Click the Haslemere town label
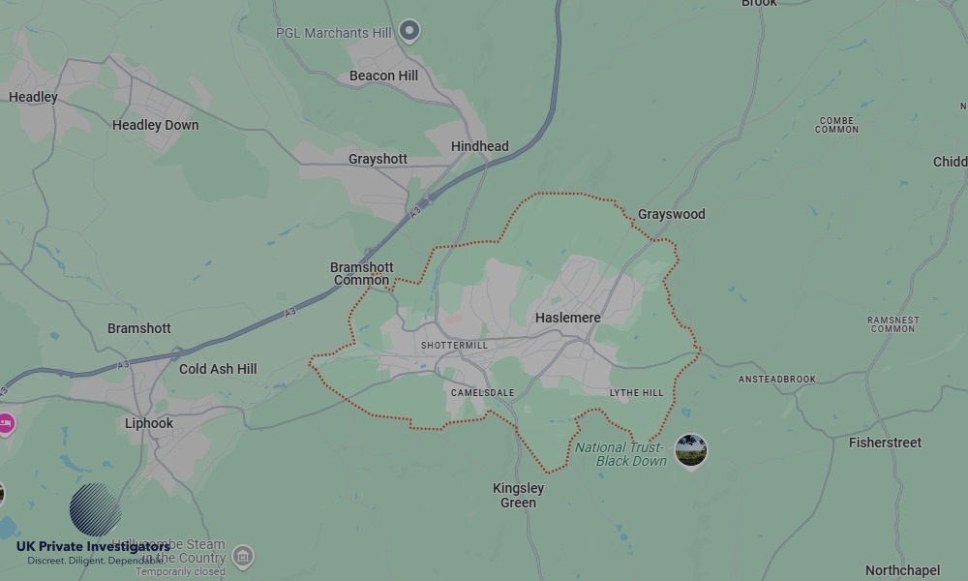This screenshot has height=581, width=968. click(x=567, y=318)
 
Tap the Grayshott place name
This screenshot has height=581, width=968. click(x=378, y=159)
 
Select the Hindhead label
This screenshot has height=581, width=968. click(x=479, y=146)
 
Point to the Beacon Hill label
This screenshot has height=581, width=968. click(x=383, y=76)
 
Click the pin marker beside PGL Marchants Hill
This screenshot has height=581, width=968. click(x=409, y=31)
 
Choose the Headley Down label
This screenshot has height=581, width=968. click(x=155, y=125)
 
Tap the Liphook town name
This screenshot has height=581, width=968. click(x=149, y=423)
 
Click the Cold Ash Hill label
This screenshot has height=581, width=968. click(x=218, y=369)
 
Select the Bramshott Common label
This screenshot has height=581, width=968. click(x=362, y=274)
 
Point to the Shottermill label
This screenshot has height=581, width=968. click(x=454, y=346)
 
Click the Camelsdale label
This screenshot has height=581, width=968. click(x=482, y=393)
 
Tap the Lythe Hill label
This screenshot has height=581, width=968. click(x=636, y=393)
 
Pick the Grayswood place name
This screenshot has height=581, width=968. click(x=671, y=214)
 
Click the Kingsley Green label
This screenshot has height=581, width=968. click(x=518, y=495)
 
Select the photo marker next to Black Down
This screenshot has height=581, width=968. click(x=690, y=450)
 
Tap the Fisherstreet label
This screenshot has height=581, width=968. click(x=885, y=443)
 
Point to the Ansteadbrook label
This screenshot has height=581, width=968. click(x=776, y=380)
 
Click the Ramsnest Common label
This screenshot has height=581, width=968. click(x=892, y=324)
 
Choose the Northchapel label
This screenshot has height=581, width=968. click(x=902, y=570)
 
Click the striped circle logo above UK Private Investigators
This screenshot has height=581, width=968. click(x=95, y=508)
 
